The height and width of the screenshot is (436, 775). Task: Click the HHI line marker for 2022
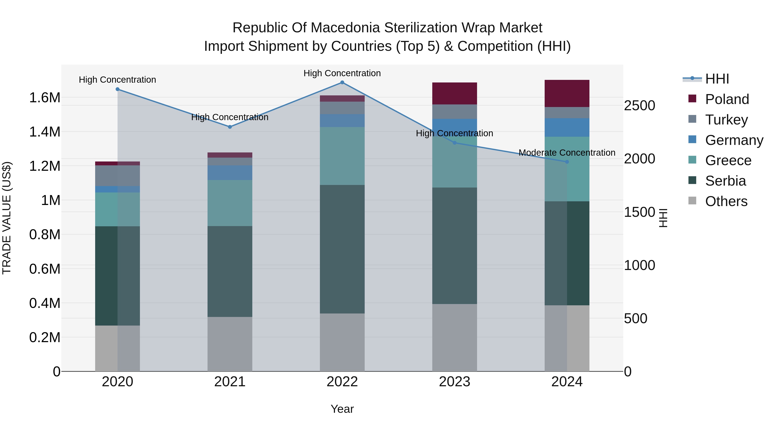coord(342,82)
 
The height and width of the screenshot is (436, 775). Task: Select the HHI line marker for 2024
coord(567,162)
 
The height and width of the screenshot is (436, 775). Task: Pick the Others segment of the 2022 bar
coord(342,342)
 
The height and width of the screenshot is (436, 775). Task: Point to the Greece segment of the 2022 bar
coord(342,156)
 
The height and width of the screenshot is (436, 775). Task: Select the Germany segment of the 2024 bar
coord(567,128)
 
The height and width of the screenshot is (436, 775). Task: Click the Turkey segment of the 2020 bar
coord(117,176)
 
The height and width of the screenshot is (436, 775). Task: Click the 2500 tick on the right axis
coord(639,106)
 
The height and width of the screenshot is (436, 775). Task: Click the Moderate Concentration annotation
coord(567,153)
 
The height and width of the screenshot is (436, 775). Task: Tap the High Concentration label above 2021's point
coord(230,117)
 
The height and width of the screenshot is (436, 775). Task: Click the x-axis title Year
coord(342,409)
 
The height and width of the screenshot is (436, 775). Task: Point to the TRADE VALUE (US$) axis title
coord(7,218)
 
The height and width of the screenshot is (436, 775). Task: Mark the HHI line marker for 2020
coord(117,89)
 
